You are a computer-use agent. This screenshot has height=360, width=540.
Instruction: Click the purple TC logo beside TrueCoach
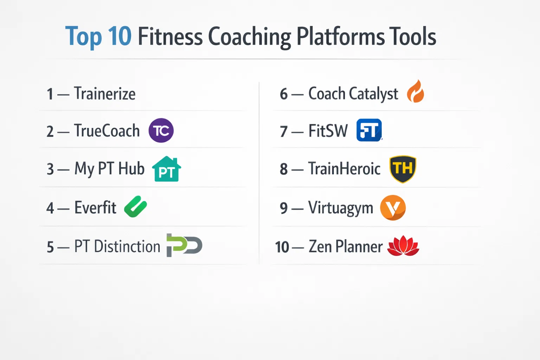[x=161, y=130]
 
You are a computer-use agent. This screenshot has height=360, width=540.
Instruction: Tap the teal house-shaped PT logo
[x=167, y=169]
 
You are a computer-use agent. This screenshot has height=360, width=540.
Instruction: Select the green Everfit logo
[x=135, y=207]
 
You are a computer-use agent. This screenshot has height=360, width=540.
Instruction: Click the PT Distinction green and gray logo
[x=185, y=245]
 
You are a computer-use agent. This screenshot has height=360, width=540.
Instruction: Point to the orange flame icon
[x=415, y=91]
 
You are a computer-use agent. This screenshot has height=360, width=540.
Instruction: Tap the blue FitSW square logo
[x=369, y=130]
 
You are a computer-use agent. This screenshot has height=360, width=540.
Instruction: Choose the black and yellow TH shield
[x=403, y=169]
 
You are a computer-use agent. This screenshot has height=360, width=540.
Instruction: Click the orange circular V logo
[x=393, y=208]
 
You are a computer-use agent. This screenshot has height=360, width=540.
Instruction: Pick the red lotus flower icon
[x=403, y=246]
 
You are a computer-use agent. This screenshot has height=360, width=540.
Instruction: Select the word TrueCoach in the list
[x=107, y=130]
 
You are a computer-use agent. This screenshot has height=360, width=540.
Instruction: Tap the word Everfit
[x=95, y=207]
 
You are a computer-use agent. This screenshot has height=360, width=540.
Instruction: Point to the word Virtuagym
[x=341, y=208]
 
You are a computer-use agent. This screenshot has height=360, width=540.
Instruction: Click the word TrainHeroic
[x=345, y=168]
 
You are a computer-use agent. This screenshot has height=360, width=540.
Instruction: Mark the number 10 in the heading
[x=120, y=37]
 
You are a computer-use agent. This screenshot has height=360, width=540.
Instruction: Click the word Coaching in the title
[x=250, y=37]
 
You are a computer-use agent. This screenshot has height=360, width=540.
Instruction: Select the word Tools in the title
[x=412, y=36]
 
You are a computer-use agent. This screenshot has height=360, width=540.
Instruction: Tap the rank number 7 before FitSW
[x=284, y=132]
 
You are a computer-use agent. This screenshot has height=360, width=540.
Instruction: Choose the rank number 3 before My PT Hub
[x=50, y=169]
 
